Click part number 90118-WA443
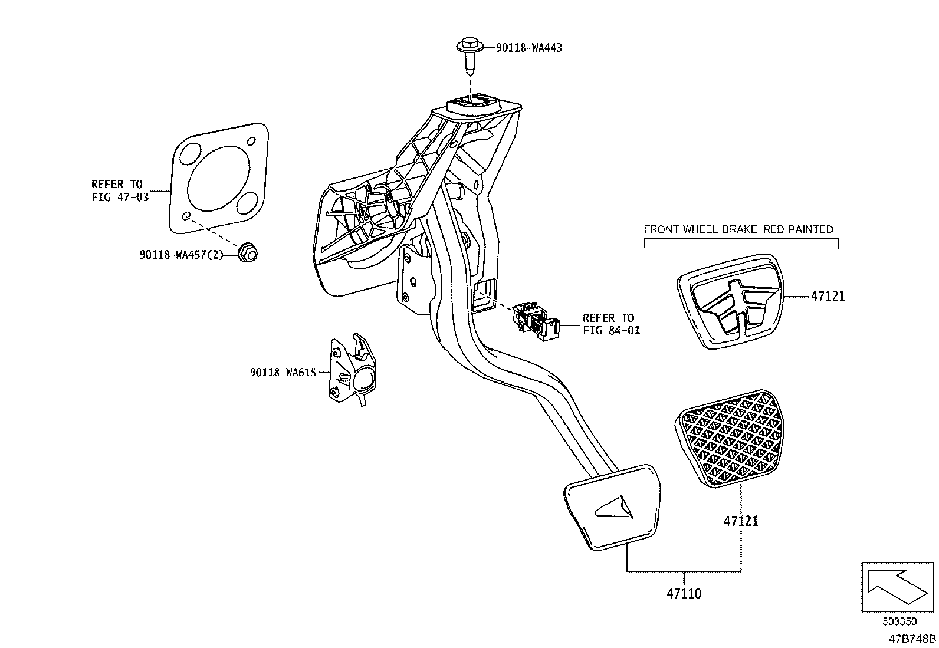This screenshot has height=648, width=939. [x=528, y=47]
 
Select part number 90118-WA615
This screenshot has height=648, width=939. [x=283, y=372]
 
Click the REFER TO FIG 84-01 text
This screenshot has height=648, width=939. [x=610, y=324]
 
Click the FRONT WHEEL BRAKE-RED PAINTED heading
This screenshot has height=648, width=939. [x=738, y=229]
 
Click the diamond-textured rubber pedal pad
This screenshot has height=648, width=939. [x=728, y=440]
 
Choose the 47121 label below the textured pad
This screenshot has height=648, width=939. [x=741, y=521]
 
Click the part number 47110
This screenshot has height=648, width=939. [x=684, y=594]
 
